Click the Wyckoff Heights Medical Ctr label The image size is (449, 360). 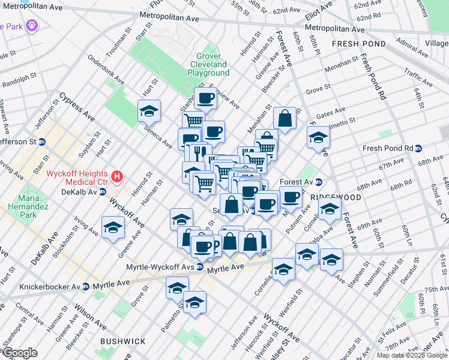(77, 178)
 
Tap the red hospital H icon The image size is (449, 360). (118, 177)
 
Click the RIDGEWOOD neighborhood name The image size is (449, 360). (336, 197)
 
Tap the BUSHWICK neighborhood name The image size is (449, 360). (122, 341)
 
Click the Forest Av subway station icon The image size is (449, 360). (319, 182)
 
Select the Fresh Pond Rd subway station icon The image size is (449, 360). (419, 148)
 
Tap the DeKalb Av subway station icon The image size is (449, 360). (103, 192)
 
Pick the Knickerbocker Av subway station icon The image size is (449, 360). (86, 286)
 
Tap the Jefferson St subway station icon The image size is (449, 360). (42, 142)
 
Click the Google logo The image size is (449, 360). (20, 353)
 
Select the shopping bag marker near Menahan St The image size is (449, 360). (285, 118)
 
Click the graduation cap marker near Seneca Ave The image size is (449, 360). (149, 110)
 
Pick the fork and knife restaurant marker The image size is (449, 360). (202, 152)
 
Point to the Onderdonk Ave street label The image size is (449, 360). (106, 71)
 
